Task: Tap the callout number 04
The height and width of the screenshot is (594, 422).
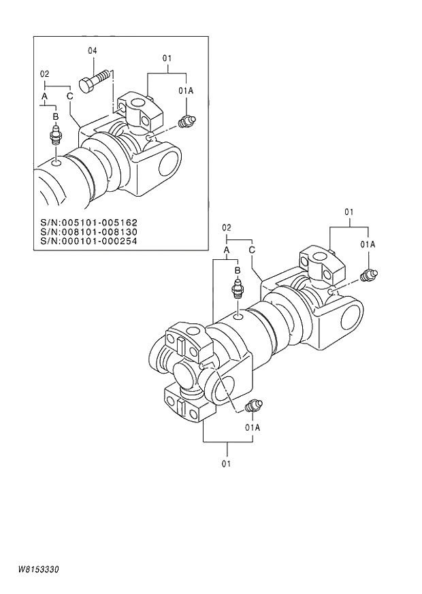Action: coord(92,51)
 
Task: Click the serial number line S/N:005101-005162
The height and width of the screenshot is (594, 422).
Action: coord(89,222)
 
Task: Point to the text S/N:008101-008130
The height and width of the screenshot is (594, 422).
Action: coord(89,231)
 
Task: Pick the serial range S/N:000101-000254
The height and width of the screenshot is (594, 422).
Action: coord(89,240)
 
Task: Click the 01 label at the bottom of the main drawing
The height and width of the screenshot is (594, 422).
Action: coord(226,463)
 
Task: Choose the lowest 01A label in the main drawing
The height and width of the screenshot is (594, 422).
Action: coord(253,427)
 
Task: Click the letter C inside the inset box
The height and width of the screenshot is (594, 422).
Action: coord(69,96)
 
